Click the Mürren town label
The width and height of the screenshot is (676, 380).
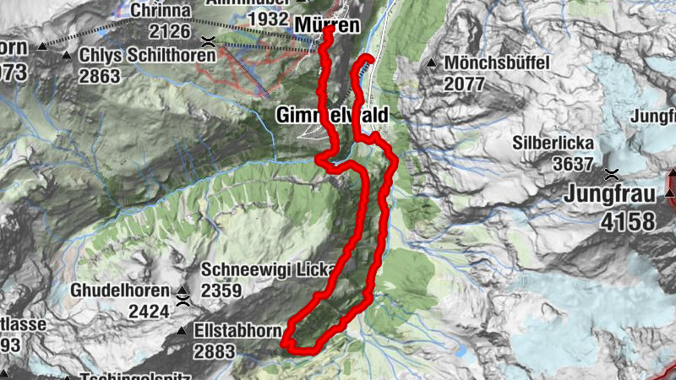327,26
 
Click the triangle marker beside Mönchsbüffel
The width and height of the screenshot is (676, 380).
433,63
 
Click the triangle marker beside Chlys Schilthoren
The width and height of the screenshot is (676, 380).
67,56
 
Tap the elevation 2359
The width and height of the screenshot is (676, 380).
221,291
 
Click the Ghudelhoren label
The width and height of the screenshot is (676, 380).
117,292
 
